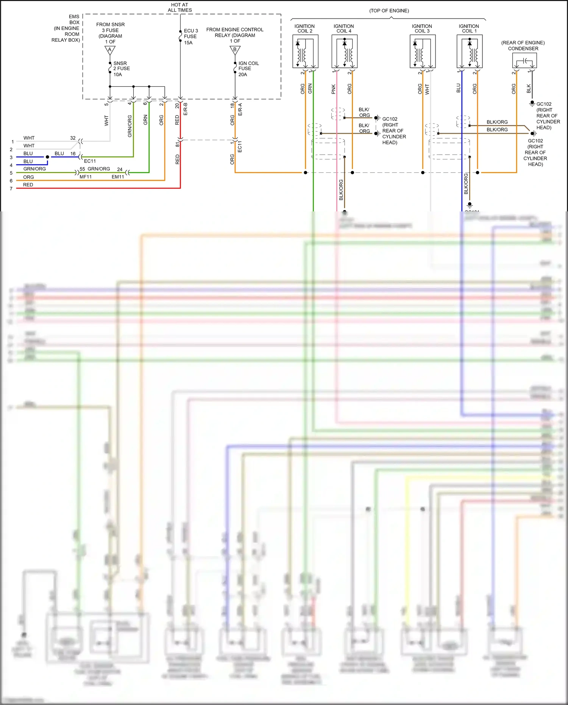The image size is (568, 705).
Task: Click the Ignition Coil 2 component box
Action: click(x=305, y=52)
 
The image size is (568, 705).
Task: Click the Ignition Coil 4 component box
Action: click(x=344, y=52)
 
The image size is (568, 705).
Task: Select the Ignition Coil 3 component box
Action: click(x=423, y=52)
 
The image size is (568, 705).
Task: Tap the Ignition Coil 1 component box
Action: click(x=469, y=52)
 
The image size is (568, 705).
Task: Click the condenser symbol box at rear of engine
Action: click(x=524, y=61)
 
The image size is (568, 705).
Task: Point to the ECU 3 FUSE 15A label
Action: click(x=190, y=36)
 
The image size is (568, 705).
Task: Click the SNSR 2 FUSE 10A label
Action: click(x=121, y=69)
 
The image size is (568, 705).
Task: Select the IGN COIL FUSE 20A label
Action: click(x=248, y=69)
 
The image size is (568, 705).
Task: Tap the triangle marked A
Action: click(x=110, y=50)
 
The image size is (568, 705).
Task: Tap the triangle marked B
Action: click(x=235, y=50)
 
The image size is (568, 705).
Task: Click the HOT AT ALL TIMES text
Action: click(x=179, y=8)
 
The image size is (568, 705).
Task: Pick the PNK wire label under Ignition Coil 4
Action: click(x=333, y=89)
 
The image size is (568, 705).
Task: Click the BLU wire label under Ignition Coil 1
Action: click(x=458, y=88)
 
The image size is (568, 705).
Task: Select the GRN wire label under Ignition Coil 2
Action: click(x=310, y=89)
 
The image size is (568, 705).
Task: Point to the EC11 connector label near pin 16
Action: click(x=90, y=161)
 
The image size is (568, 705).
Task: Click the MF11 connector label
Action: click(x=86, y=177)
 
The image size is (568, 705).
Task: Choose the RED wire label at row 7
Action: click(x=28, y=185)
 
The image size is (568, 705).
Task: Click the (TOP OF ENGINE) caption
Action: click(x=389, y=11)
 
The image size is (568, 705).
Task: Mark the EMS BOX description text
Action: click(x=67, y=28)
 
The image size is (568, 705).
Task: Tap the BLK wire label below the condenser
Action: click(x=529, y=89)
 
